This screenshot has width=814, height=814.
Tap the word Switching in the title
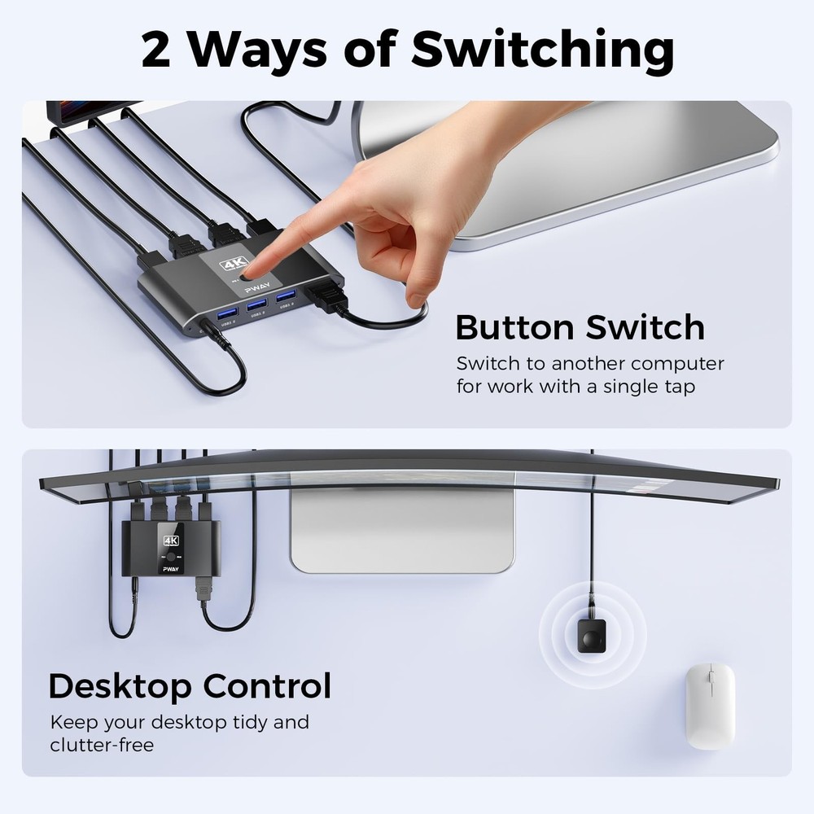pyautogui.click(x=542, y=50)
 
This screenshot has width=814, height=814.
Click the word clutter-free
pyautogui.click(x=102, y=745)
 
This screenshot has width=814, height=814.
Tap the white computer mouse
pyautogui.click(x=710, y=705)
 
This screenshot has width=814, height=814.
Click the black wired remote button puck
pyautogui.click(x=592, y=630)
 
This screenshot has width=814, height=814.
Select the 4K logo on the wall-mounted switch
pyautogui.click(x=171, y=540)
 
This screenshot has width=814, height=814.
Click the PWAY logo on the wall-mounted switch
pyautogui.click(x=171, y=571)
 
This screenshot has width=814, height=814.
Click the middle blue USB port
pyautogui.click(x=256, y=307)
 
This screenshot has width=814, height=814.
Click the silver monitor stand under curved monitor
pyautogui.click(x=402, y=529)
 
